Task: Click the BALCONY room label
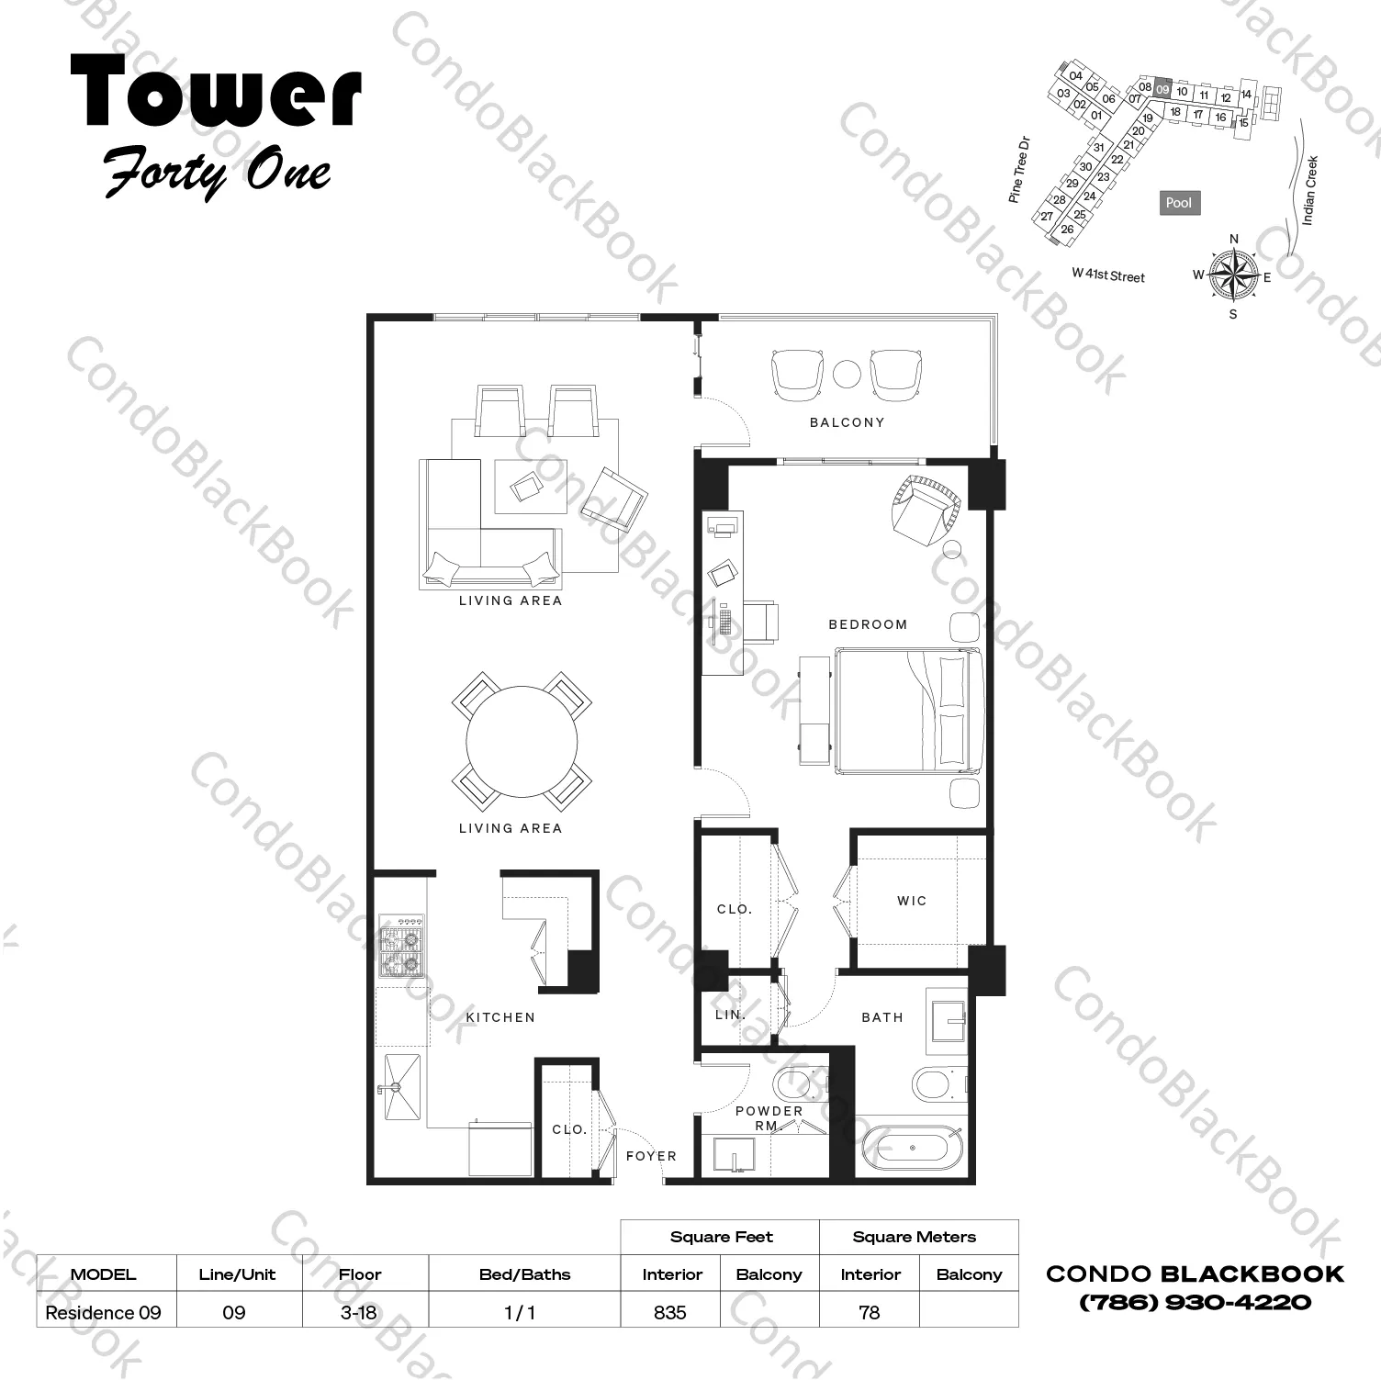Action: (x=847, y=422)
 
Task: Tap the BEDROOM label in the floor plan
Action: (x=868, y=624)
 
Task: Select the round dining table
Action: (x=522, y=742)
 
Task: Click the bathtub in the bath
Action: (x=911, y=1148)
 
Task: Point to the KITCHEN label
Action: (x=500, y=1017)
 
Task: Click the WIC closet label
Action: (x=912, y=901)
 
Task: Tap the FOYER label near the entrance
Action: (x=651, y=1156)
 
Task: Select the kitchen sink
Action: (x=402, y=1088)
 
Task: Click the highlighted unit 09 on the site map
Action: (x=1162, y=88)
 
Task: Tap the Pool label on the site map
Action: (x=1179, y=203)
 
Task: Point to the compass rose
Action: (x=1233, y=275)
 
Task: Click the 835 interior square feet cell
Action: (x=670, y=1312)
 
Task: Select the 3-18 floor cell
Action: (x=359, y=1312)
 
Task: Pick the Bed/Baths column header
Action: (x=524, y=1274)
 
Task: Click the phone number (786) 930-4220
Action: (x=1195, y=1302)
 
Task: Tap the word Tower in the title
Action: (x=216, y=90)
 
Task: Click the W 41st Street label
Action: (x=1108, y=275)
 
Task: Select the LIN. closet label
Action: (x=730, y=1015)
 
